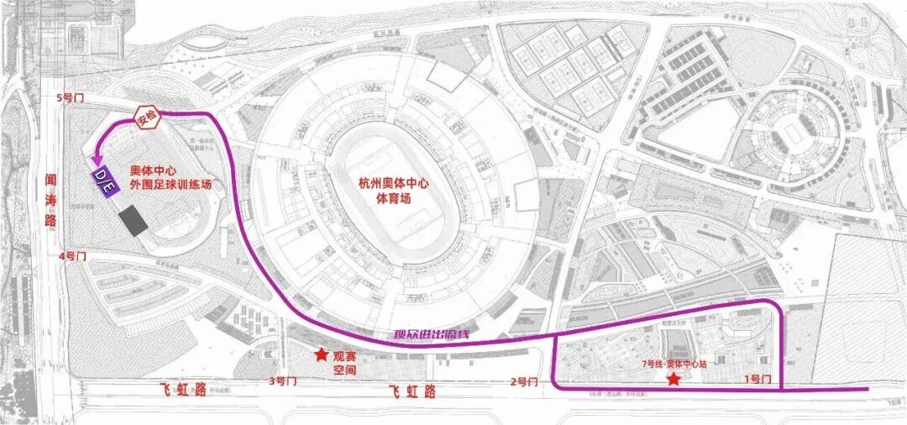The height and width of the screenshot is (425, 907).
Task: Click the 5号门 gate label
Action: click(x=65, y=98)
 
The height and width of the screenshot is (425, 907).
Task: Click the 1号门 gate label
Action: click(x=758, y=380)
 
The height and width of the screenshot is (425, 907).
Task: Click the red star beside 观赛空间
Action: click(x=321, y=355)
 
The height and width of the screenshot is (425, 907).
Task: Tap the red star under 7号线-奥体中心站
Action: click(x=674, y=380)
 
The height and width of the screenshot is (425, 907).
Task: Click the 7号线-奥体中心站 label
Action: click(x=674, y=365)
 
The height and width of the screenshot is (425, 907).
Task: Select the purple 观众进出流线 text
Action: click(x=431, y=334)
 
